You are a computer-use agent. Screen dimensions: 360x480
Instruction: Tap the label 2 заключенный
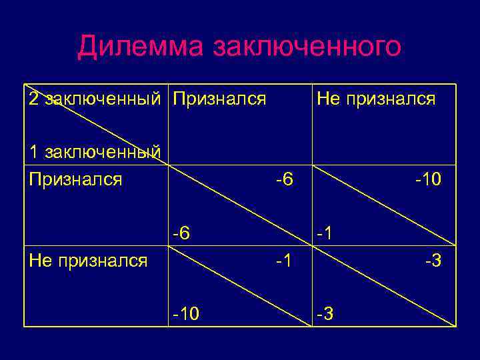point(94,99)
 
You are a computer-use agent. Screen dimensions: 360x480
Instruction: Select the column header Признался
point(219,99)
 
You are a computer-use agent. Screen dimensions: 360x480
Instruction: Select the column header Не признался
point(376,99)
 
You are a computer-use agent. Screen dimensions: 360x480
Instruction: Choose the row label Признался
point(75,179)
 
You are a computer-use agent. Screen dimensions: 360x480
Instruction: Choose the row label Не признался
point(88,260)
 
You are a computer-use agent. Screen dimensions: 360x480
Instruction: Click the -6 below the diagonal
point(181,233)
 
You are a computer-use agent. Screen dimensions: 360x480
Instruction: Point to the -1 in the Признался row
point(327,233)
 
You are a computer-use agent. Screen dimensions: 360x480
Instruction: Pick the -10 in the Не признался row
point(186,313)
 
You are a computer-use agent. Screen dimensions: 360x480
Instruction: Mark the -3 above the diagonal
point(433,260)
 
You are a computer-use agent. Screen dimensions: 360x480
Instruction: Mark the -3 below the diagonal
point(327,313)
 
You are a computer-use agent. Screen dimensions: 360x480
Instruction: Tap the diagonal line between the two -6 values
point(239,205)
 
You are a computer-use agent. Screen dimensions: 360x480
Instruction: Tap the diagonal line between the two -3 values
point(383,287)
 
